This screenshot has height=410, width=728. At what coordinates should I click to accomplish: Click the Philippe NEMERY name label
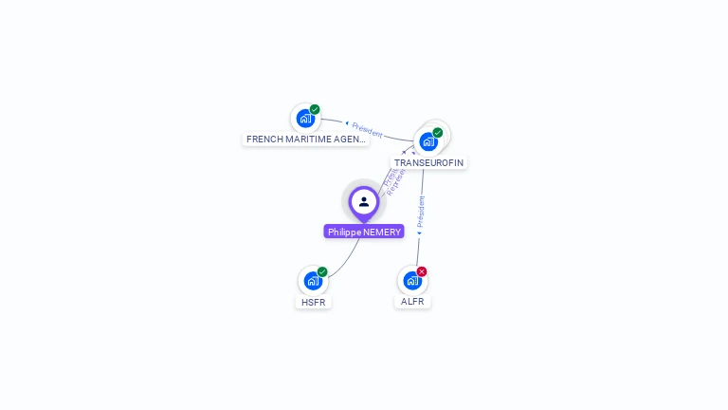point(364,232)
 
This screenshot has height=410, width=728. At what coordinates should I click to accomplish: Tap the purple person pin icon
point(364,202)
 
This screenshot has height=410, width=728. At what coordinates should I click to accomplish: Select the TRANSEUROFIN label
point(429,162)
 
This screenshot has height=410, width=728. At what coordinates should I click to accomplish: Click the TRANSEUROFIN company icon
point(428,142)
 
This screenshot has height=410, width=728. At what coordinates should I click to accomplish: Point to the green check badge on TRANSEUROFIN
point(438,133)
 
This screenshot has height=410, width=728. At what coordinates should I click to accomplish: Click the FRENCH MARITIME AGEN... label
point(305,139)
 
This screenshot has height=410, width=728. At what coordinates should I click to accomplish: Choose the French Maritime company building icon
point(304,119)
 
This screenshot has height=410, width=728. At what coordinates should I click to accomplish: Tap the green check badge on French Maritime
point(315,109)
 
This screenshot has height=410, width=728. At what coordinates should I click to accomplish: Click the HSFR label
point(314,302)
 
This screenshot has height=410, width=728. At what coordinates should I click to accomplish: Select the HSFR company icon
point(313,281)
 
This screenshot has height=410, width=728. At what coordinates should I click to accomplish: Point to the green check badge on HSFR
point(322,271)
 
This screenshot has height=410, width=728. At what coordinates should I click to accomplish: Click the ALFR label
point(412,301)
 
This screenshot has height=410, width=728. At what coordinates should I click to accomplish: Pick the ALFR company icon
point(411,281)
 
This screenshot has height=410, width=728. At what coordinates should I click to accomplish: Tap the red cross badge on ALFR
point(422,271)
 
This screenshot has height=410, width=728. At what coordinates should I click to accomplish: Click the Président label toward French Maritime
point(366,129)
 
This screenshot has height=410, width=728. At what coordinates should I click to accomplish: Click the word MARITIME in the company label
point(314,139)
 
